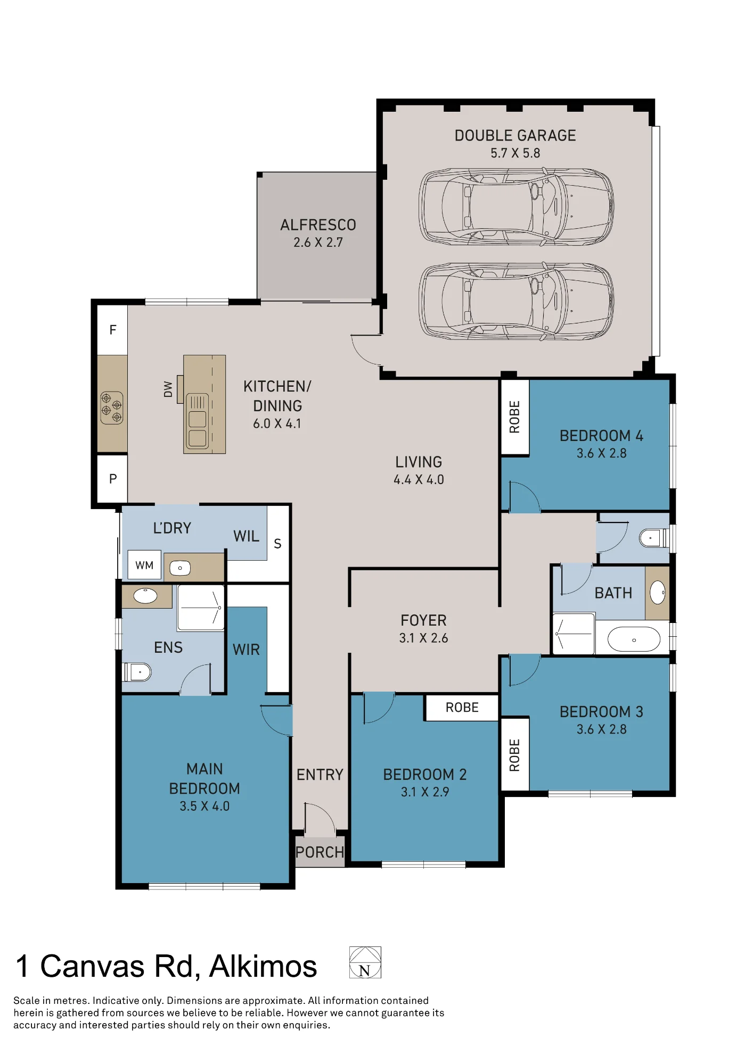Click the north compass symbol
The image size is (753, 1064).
point(365,962)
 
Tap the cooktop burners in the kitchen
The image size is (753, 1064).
point(112,408)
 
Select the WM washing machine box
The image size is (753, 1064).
point(144,565)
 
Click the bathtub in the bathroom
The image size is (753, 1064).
point(634,639)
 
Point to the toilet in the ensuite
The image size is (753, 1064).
point(137,672)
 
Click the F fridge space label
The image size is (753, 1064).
point(113,330)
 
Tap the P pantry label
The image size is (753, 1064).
point(113,479)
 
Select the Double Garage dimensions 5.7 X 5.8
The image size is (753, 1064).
point(515,153)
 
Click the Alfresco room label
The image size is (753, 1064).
point(318,225)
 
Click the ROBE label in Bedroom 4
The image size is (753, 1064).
point(514,417)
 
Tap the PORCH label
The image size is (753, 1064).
point(320,852)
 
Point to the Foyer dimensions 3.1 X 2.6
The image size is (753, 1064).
point(424,638)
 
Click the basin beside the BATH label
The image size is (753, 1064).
point(658,592)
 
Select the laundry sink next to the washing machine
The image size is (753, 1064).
point(180,568)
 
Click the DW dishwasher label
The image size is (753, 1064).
point(168,389)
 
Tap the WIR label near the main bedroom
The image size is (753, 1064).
point(247,650)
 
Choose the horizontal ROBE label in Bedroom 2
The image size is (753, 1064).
point(462,708)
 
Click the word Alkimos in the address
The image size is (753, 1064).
point(263,966)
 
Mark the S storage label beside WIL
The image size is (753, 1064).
point(277,544)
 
